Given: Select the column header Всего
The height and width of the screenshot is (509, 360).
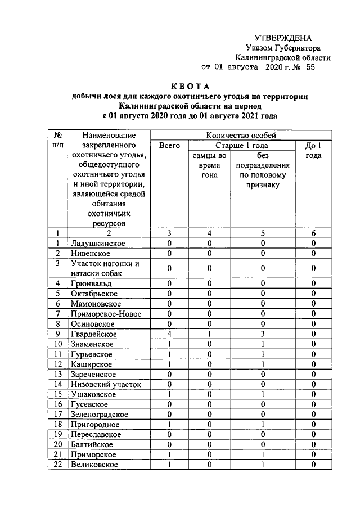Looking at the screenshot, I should (169, 145).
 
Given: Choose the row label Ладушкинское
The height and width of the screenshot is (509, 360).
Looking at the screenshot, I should (98, 243).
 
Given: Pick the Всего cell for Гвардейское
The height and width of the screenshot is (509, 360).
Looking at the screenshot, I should (169, 334).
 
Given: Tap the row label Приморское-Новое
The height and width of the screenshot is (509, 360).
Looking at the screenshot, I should (106, 314).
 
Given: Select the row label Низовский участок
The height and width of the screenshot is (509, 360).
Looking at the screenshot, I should (106, 385).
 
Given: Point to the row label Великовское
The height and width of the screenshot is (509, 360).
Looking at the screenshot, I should (94, 465).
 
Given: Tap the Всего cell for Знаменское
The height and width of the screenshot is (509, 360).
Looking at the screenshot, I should (169, 344).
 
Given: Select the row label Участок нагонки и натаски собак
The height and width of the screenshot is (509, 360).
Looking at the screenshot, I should (105, 268).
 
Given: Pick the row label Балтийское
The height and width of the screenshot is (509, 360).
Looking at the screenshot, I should (93, 445).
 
